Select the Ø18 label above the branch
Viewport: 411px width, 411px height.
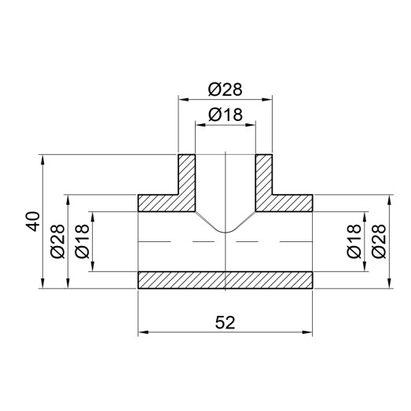point(225,116)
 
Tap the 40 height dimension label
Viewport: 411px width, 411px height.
point(31,222)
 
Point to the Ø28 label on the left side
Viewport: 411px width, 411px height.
point(57,241)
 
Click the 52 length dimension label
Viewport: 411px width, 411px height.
point(225,321)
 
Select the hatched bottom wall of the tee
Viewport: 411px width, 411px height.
point(226,281)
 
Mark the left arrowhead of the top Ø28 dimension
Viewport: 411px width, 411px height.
point(183,99)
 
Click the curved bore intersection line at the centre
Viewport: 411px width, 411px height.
point(226,231)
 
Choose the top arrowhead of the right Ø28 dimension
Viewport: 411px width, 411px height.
point(391,198)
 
